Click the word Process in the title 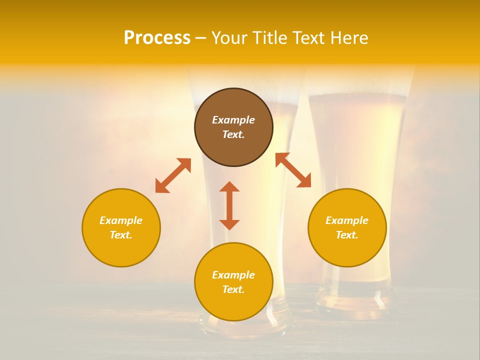(x=157, y=38)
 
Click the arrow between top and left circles (x=173, y=175)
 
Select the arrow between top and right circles (x=293, y=170)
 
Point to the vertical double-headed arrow (x=229, y=205)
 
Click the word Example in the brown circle (x=233, y=120)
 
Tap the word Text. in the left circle (x=121, y=235)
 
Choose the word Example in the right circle (x=347, y=220)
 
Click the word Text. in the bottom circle (x=233, y=289)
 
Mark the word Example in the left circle (x=121, y=220)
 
